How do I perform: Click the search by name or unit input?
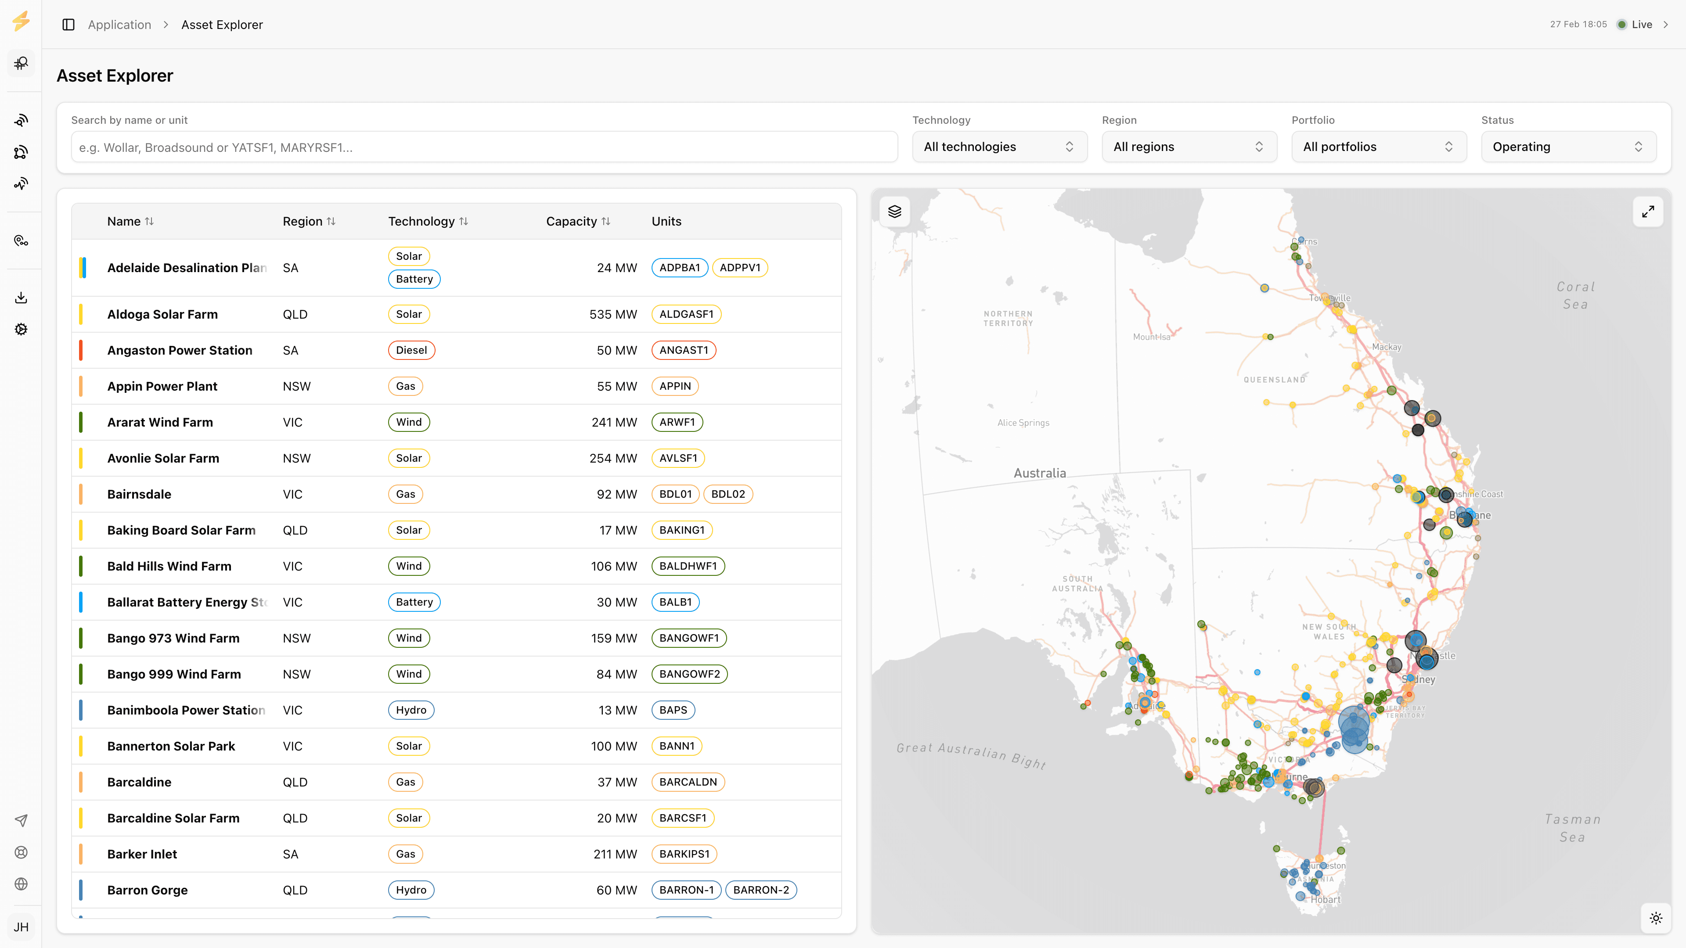pos(484,147)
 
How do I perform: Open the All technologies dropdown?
pos(999,147)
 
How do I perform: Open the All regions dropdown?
pos(1189,147)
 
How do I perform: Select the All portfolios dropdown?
pos(1378,147)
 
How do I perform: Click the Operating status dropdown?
pos(1568,147)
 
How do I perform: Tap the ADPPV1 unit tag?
pos(739,268)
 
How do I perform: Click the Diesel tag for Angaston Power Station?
pos(411,350)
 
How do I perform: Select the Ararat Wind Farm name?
pos(160,422)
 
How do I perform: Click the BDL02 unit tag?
pos(728,494)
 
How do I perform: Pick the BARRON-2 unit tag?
pos(760,890)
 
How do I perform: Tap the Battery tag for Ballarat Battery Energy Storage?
pos(414,602)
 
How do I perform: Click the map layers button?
pos(895,211)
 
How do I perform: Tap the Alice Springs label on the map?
pos(1023,423)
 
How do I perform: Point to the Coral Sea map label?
pos(1575,295)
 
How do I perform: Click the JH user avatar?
pos(21,927)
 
